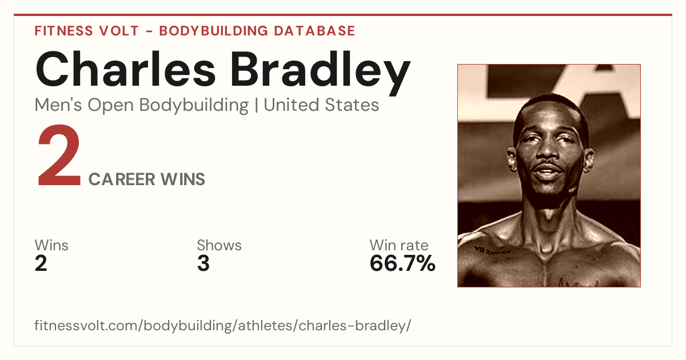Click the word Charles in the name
125,69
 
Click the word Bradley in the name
320,73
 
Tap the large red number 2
59,155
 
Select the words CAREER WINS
147,179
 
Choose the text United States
321,105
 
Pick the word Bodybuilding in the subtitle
194,106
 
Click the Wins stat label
51,245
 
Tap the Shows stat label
219,245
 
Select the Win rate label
399,245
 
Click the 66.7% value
402,263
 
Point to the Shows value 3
204,263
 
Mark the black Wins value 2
41,263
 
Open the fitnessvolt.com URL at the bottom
222,326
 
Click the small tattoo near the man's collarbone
492,250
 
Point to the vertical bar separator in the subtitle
256,105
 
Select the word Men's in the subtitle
58,105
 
